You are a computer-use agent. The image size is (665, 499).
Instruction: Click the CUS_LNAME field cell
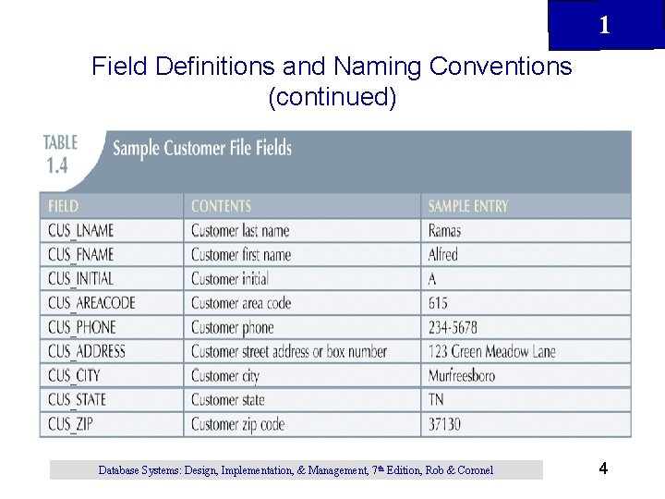(80, 231)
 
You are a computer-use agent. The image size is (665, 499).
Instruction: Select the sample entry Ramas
(444, 231)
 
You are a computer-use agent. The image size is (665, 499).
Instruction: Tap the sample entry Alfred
(443, 255)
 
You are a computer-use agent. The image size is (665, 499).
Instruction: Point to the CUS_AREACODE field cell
(91, 303)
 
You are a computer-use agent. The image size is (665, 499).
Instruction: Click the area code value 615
(438, 303)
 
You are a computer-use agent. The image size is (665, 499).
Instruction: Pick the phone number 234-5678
(453, 327)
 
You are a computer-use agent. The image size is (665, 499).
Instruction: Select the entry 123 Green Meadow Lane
(491, 351)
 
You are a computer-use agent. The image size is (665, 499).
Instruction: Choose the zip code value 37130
(444, 424)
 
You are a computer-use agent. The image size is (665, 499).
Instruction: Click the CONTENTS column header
(221, 206)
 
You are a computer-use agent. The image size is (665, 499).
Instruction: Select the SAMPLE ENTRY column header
(468, 206)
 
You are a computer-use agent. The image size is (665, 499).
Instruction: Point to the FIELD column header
(63, 206)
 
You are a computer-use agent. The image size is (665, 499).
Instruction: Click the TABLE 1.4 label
(60, 152)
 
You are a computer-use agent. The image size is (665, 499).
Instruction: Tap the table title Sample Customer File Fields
(202, 148)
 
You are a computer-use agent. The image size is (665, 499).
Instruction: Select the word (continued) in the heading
(332, 96)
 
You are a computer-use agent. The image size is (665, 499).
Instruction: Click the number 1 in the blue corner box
(604, 25)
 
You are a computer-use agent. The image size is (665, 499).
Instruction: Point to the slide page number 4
(603, 469)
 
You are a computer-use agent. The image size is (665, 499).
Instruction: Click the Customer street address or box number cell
(289, 351)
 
